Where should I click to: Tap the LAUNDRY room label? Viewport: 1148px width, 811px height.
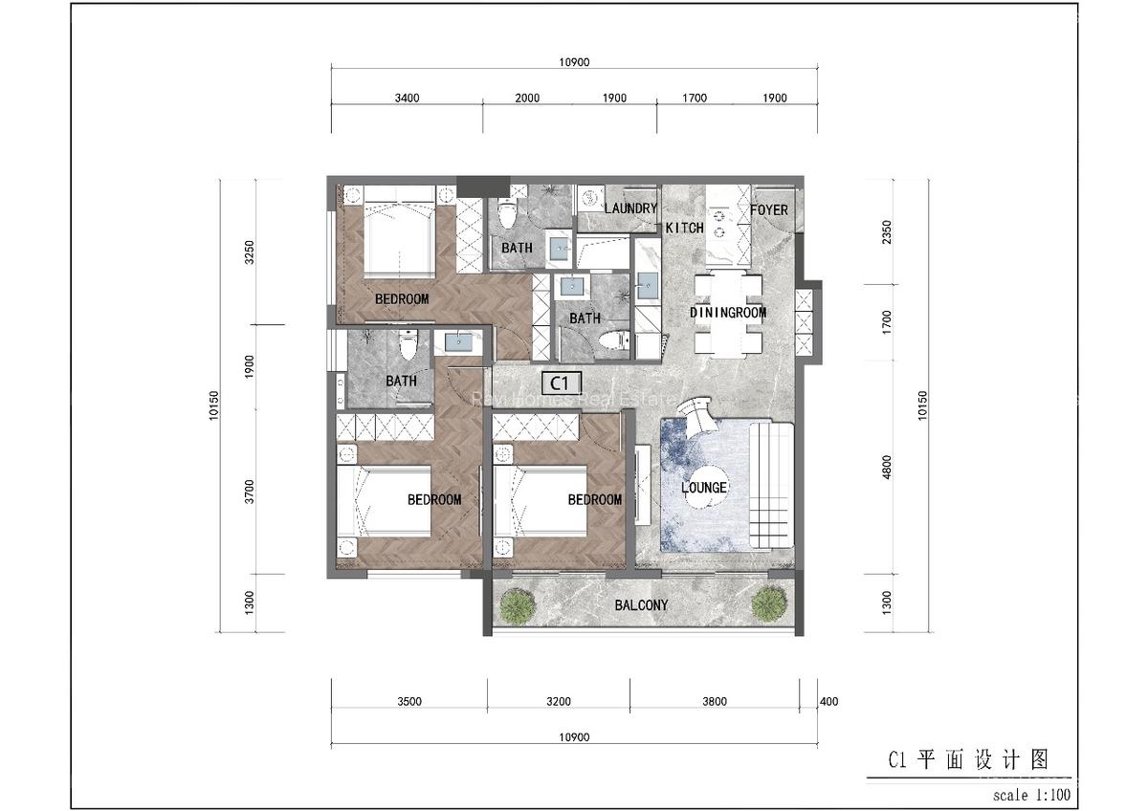pyautogui.click(x=630, y=208)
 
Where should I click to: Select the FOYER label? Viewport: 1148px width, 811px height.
pyautogui.click(x=769, y=209)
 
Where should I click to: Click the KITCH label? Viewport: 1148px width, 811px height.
pyautogui.click(x=684, y=228)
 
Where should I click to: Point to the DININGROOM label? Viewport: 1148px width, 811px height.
pyautogui.click(x=728, y=313)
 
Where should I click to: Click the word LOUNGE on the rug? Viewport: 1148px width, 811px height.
pyautogui.click(x=705, y=488)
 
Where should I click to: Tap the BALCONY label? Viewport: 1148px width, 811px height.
pyautogui.click(x=641, y=605)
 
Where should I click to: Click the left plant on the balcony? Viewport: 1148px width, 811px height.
pyautogui.click(x=517, y=604)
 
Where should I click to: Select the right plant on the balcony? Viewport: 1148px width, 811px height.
pyautogui.click(x=768, y=603)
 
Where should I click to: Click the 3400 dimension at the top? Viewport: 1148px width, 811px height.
pyautogui.click(x=408, y=98)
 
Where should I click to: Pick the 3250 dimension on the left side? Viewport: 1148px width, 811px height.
pyautogui.click(x=250, y=252)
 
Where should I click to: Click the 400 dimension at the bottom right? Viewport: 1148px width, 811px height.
pyautogui.click(x=829, y=702)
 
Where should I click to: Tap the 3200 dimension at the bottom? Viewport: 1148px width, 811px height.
pyautogui.click(x=559, y=702)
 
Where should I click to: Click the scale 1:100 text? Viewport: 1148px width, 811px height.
pyautogui.click(x=1031, y=795)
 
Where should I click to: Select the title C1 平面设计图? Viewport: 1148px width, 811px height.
pyautogui.click(x=968, y=760)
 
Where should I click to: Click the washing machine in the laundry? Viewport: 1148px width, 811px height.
pyautogui.click(x=590, y=194)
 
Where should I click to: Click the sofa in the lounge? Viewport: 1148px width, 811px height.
pyautogui.click(x=771, y=486)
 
